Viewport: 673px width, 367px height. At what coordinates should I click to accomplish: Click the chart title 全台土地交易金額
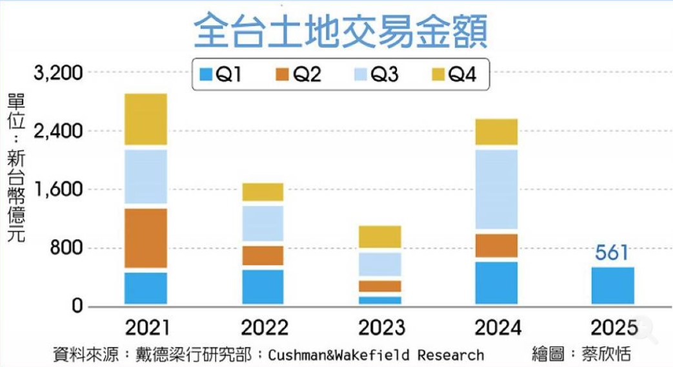point(341,32)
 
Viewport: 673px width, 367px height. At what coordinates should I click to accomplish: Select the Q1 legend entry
point(221,75)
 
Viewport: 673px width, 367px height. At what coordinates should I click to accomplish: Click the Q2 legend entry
point(299,75)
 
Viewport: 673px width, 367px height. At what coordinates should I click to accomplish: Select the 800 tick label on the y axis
point(68,249)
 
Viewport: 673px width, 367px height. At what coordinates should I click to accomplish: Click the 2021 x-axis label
point(146,328)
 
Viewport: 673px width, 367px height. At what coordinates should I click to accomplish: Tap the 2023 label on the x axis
point(380,328)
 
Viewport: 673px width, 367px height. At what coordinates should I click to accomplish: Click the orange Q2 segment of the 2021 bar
point(146,238)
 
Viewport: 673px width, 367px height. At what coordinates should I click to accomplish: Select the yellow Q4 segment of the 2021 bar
point(146,120)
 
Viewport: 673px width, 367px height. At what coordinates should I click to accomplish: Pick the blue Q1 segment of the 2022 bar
point(263,286)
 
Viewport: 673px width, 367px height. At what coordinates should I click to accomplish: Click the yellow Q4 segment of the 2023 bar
point(380,237)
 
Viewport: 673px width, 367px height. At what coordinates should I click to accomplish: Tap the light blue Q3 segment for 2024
point(497,189)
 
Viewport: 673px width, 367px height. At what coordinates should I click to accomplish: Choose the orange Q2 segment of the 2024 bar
point(497,246)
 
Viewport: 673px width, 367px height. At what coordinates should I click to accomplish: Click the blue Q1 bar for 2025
point(613,286)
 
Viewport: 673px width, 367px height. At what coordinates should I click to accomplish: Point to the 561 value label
point(612,253)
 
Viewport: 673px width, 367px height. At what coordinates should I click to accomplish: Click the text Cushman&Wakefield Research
point(376,355)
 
